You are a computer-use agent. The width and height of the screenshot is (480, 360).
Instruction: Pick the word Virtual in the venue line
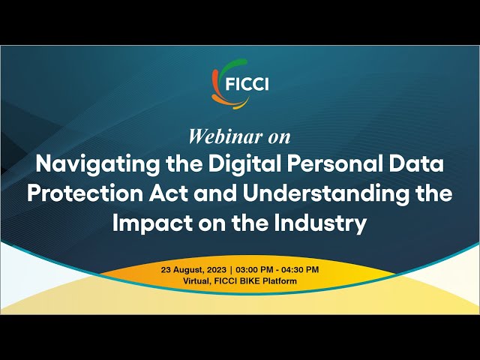click(197, 280)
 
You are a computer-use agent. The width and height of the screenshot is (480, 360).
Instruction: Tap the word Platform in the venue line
click(281, 280)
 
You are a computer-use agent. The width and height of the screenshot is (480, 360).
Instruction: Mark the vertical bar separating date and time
click(232, 269)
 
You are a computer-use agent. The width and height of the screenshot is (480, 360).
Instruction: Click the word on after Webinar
click(278, 137)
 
